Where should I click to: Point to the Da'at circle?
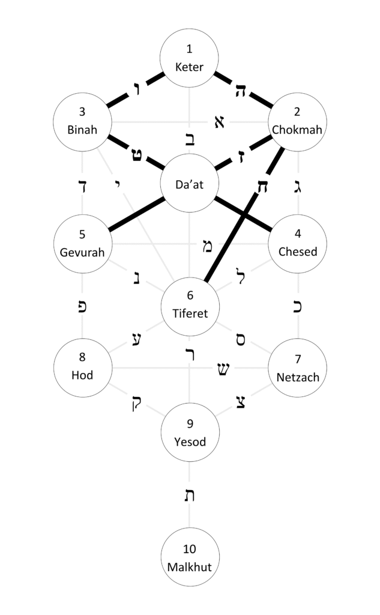click(x=190, y=184)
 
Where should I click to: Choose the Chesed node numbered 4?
click(x=298, y=243)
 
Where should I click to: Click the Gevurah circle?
click(x=82, y=243)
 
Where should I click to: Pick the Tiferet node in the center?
click(x=190, y=306)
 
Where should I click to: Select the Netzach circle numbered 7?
click(x=298, y=368)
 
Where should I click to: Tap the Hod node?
click(x=82, y=368)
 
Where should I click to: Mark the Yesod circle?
click(x=190, y=433)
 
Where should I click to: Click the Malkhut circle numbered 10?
click(x=190, y=557)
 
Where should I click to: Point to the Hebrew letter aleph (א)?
click(x=219, y=123)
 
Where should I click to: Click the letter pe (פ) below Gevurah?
click(x=83, y=306)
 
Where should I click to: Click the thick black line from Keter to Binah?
click(x=136, y=89)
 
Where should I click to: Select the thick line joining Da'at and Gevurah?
click(x=136, y=214)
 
